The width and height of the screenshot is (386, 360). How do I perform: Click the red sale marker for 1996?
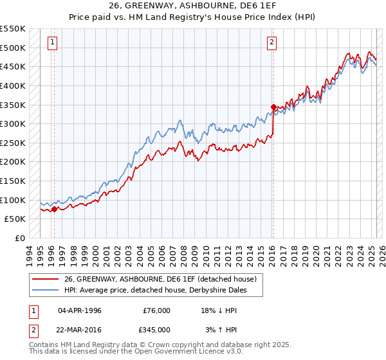tap(54, 208)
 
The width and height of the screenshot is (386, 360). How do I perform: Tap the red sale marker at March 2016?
tap(273, 107)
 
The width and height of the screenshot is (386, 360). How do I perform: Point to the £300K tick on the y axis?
tap(13, 123)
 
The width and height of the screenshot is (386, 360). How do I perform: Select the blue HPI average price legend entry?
tap(155, 290)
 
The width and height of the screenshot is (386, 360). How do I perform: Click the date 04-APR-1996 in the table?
tap(80, 310)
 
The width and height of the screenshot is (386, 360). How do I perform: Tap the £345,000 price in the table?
tap(157, 329)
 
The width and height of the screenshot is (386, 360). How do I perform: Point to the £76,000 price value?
tap(157, 310)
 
